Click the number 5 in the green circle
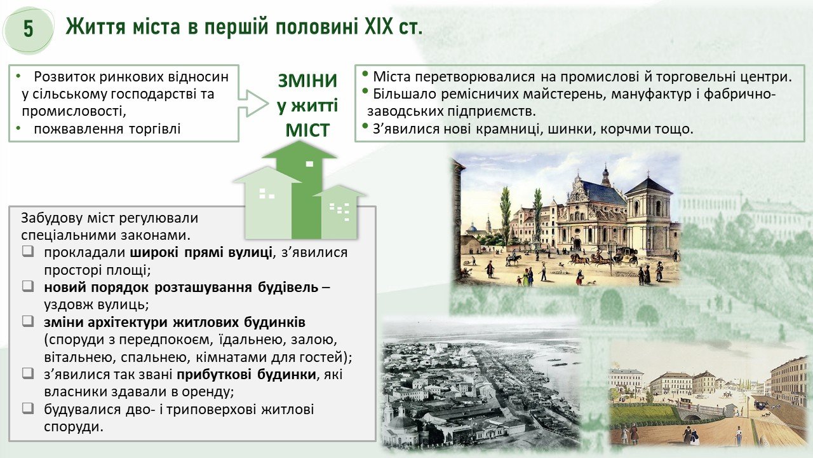click(x=29, y=29)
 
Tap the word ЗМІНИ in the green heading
click(x=307, y=81)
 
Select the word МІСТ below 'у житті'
click(x=307, y=130)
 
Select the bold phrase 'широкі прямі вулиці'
click(x=201, y=253)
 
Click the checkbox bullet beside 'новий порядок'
click(x=27, y=286)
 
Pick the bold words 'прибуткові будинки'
click(x=246, y=375)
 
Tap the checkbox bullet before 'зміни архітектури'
click(x=27, y=321)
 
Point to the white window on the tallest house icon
click(x=309, y=164)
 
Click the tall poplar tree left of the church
click(x=505, y=216)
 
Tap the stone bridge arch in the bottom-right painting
click(x=692, y=414)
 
